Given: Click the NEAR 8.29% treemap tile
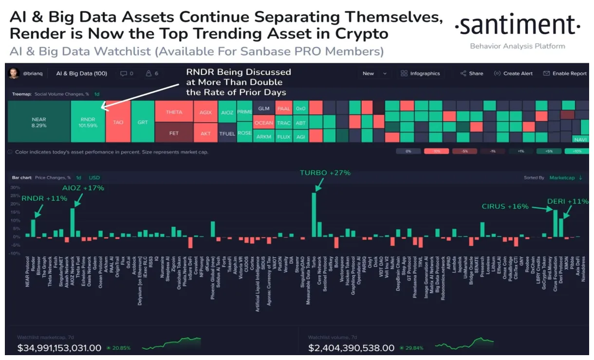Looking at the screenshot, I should (39, 122).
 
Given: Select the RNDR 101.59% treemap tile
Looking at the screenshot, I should (88, 122).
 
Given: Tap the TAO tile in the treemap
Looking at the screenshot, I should (118, 122).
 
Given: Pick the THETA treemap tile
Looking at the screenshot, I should (174, 112).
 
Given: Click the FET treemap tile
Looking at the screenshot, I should (174, 132).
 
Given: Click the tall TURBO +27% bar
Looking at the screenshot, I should (314, 214).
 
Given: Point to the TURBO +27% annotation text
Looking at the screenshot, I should (325, 173).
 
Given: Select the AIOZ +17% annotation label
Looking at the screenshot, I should (83, 188).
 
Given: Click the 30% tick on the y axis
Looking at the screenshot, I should (15, 187).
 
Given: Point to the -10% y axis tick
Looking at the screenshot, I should (15, 253).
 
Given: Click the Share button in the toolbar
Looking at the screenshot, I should (472, 73).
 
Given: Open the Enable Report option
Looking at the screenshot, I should (565, 73).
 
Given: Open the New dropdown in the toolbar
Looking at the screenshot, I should (374, 73).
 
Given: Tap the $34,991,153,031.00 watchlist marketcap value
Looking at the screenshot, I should (59, 348).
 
